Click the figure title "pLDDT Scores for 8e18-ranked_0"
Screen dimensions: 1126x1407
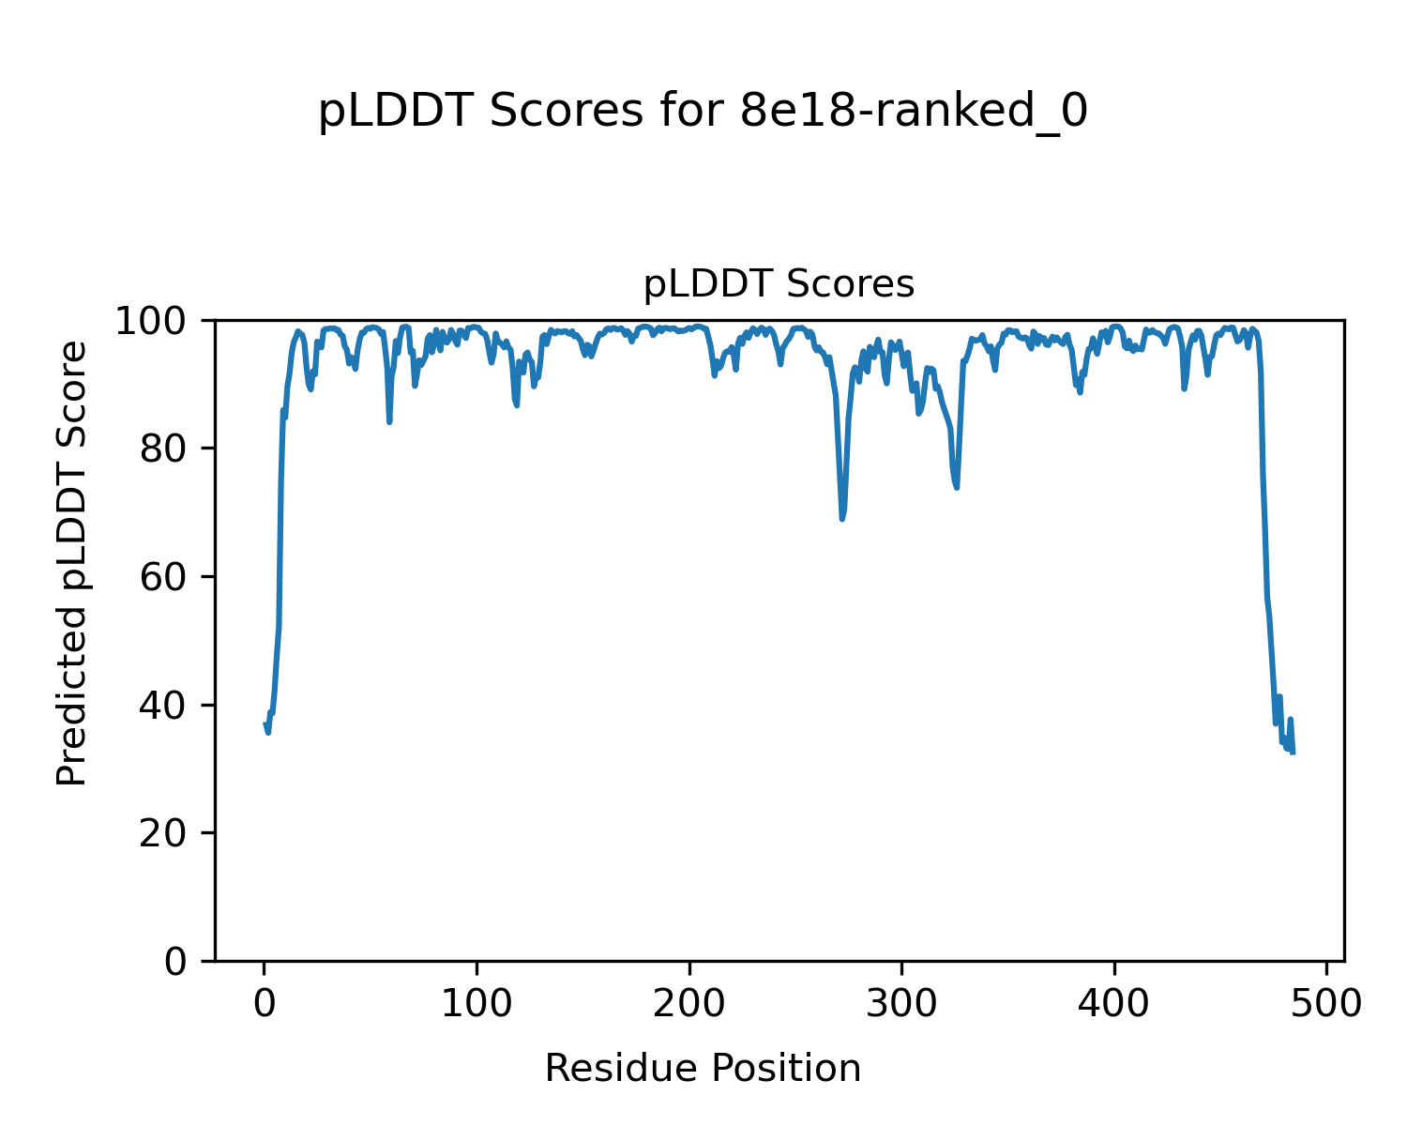[x=703, y=113]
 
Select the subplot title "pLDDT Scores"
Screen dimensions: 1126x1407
[x=779, y=284]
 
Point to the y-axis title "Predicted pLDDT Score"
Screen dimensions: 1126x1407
[x=72, y=563]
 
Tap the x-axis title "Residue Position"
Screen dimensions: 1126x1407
[x=703, y=1068]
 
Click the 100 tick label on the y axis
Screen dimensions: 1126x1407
[x=158, y=322]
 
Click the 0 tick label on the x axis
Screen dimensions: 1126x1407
[x=265, y=1003]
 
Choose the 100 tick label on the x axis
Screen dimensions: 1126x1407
[x=477, y=1003]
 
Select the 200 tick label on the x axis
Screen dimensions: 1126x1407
[x=689, y=1003]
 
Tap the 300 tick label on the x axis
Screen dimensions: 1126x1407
[x=901, y=1003]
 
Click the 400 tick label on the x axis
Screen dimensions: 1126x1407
[x=1114, y=1003]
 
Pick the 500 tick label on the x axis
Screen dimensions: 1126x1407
[x=1326, y=1003]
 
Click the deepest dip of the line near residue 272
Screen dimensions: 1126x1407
[x=842, y=519]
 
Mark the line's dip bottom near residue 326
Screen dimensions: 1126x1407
[x=957, y=487]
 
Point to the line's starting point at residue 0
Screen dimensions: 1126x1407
[x=265, y=723]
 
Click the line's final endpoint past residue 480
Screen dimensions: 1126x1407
[x=1294, y=753]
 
